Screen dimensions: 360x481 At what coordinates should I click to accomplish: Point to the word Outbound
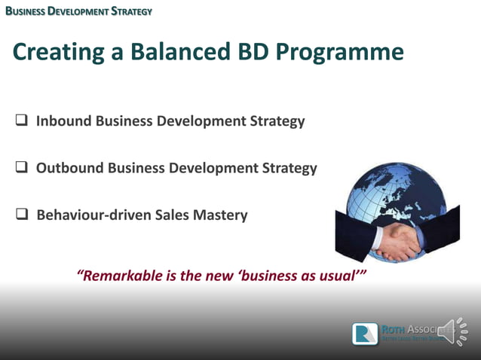tap(70, 168)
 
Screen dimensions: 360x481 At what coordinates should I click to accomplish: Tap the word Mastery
tap(219, 215)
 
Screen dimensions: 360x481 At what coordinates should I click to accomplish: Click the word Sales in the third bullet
tap(172, 215)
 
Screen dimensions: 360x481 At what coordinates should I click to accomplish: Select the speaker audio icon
tap(452, 331)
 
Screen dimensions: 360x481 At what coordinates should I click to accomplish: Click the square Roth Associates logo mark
tap(365, 334)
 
